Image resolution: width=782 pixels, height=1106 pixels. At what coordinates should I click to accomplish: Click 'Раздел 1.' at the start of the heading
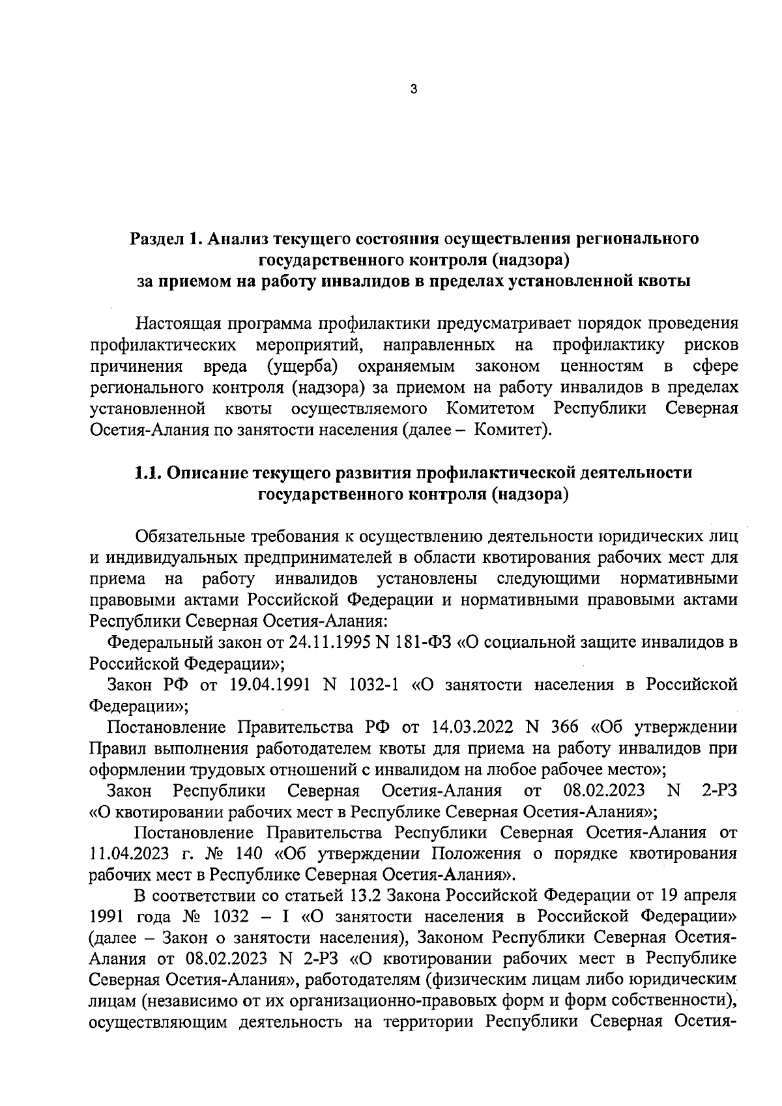coord(162,239)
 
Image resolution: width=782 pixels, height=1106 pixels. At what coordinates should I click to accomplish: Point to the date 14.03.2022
coord(474,727)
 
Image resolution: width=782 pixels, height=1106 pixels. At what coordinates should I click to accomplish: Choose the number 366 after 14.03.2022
coord(564,727)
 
